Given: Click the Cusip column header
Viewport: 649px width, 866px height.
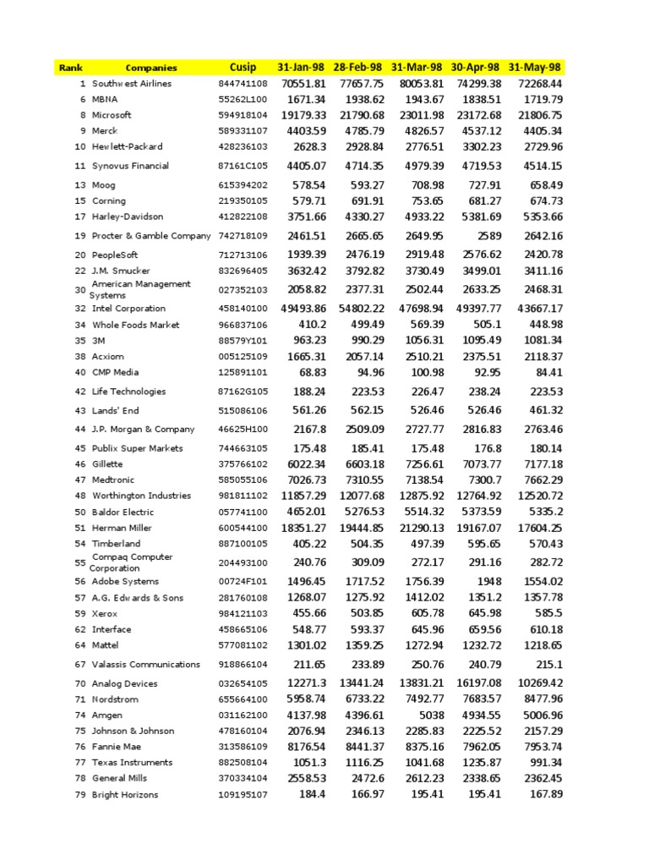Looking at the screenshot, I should click(x=243, y=67).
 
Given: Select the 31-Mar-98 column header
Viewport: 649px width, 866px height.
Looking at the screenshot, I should click(x=417, y=67).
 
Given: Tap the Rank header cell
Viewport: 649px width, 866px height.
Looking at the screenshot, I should click(x=68, y=68).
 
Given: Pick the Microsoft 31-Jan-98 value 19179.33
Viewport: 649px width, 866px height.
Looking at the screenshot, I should click(x=303, y=115).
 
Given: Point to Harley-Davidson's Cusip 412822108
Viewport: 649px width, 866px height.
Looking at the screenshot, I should click(x=243, y=217).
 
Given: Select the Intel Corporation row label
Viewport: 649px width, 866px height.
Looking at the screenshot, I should click(x=128, y=309).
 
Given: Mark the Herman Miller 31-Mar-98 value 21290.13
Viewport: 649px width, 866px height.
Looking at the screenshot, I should click(x=418, y=528).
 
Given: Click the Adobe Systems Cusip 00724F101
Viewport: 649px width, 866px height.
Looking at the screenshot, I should click(x=243, y=582).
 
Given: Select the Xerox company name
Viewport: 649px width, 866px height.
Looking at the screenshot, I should click(x=105, y=614).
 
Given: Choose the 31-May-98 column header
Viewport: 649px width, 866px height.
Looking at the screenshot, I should click(x=535, y=67).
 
